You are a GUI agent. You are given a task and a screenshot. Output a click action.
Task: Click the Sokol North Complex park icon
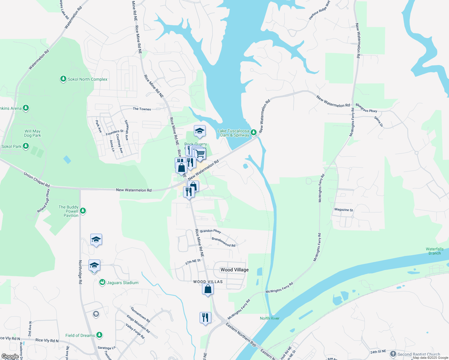pos(63,79)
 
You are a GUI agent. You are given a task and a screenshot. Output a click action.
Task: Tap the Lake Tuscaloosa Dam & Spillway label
pos(233,133)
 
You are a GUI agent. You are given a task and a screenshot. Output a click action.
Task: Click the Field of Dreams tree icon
pos(99,335)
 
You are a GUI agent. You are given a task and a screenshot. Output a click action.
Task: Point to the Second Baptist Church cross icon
pos(393,354)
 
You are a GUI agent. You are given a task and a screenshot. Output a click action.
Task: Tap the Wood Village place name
pos(234,270)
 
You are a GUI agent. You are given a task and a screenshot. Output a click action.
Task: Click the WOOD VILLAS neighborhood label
pos(208,282)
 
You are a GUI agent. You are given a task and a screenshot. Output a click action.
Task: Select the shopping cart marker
pos(200,154)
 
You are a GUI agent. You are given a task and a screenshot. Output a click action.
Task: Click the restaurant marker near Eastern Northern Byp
pos(205,318)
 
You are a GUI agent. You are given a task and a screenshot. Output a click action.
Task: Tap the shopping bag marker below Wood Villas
pos(208,289)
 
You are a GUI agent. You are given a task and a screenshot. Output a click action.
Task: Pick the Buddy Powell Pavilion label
pos(68,211)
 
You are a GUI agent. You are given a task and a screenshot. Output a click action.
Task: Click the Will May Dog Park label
pos(32,133)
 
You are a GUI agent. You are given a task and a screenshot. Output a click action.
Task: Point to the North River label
pos(270,318)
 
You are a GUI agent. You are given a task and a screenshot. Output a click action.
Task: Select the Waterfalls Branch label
pos(434,251)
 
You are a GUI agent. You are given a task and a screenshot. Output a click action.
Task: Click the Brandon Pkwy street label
pos(211,231)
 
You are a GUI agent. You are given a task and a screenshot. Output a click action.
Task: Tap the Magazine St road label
pos(344,210)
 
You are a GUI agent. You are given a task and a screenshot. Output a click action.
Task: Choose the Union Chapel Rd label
pos(37,179)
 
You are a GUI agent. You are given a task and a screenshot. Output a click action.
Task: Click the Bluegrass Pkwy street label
pos(366,108)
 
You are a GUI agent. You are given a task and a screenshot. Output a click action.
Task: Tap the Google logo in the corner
pos(10,356)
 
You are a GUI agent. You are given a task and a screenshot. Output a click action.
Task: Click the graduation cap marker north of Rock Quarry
pos(200,131)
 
